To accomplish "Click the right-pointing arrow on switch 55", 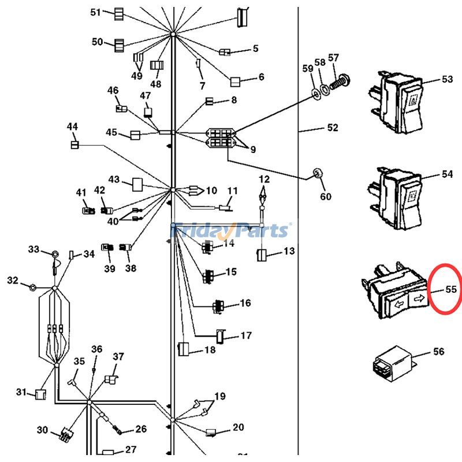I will coord(418,299).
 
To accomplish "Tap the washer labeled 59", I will coord(316,92).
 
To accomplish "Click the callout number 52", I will coord(333,128).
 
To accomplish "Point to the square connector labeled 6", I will coord(236,81).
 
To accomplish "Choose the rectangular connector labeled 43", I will coord(138,184).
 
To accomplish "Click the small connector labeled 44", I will coord(74,144).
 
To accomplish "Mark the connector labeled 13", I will coord(261,255).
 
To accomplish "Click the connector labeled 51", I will coord(118,14).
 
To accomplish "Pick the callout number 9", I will coord(253,150).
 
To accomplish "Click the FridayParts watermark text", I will coord(230,231).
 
